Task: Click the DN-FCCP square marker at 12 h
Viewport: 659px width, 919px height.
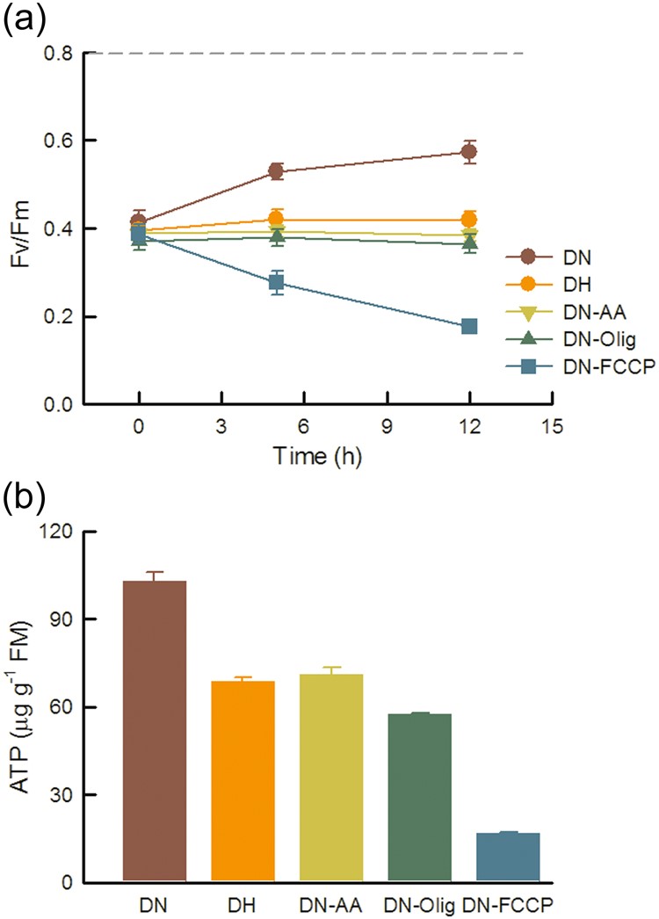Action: click(x=469, y=327)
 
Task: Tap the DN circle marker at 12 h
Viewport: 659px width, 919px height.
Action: click(x=469, y=152)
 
